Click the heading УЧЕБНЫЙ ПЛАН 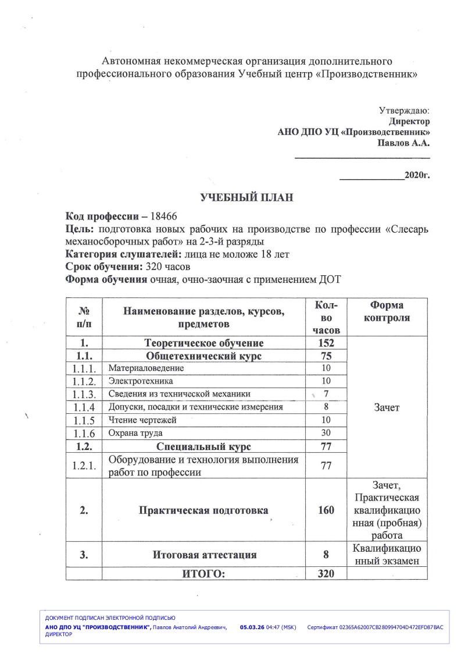point(246,198)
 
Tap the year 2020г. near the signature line point(417,175)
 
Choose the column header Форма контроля point(387,312)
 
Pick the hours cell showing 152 point(326,343)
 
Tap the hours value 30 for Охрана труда point(326,433)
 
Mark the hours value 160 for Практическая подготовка point(326,510)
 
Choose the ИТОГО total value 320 point(326,574)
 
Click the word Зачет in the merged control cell point(387,407)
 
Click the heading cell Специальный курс point(203,446)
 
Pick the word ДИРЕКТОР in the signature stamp point(59,634)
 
